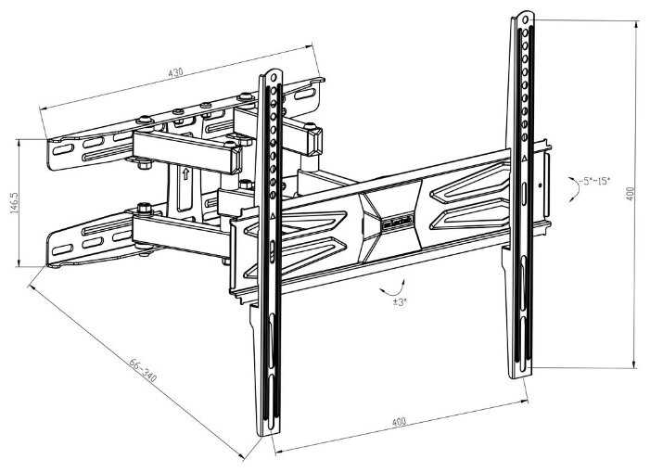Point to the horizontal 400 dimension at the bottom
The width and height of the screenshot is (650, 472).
tap(399, 422)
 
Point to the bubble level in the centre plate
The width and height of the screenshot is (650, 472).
tap(396, 224)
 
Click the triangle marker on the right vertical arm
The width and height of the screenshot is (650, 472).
tap(525, 159)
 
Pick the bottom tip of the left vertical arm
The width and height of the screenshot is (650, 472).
tap(268, 433)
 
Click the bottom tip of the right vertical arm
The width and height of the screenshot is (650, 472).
tap(519, 374)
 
